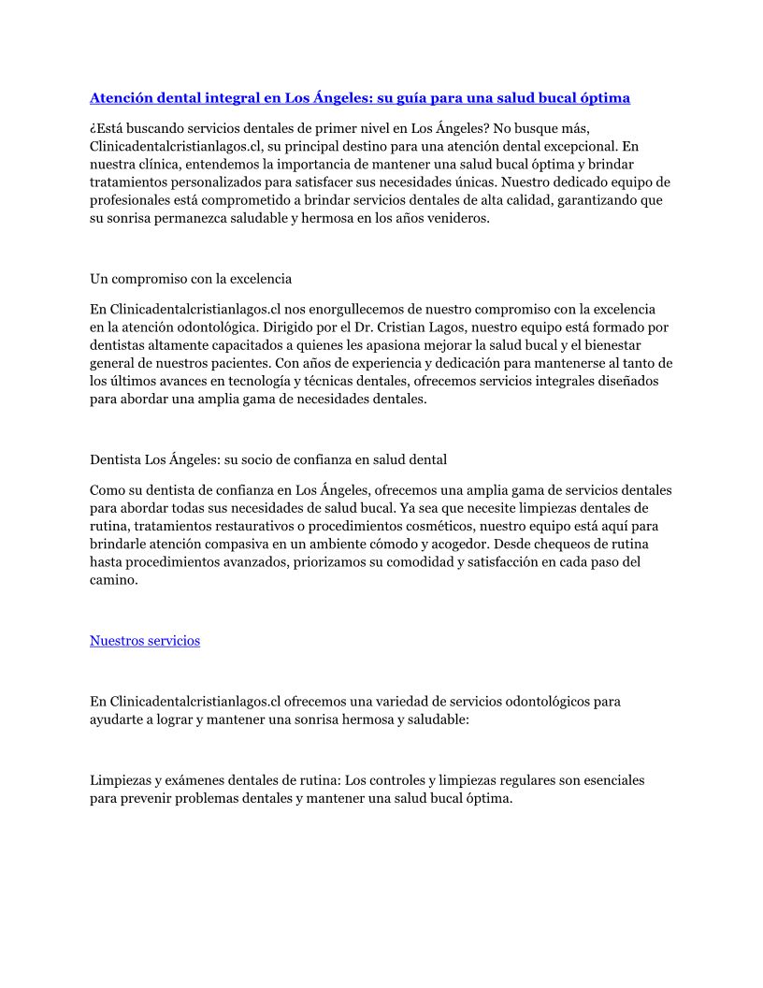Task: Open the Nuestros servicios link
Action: (145, 641)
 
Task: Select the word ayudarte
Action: (116, 719)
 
